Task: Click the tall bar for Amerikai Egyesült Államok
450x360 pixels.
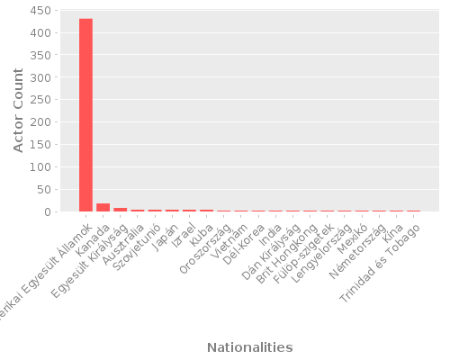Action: point(85,115)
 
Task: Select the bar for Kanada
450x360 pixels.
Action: point(103,207)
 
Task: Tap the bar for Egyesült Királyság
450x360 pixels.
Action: point(120,210)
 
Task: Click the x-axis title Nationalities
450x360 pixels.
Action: point(249,347)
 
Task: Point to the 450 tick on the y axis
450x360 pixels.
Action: point(39,11)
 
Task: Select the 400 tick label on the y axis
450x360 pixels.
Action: point(39,33)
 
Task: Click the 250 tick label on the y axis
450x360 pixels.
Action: point(39,100)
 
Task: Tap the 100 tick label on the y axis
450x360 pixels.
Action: point(39,167)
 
